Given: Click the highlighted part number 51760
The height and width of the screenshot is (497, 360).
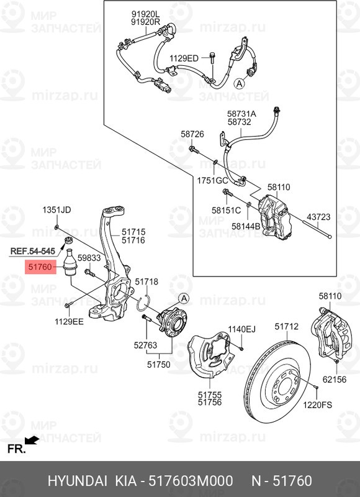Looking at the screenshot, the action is tap(40, 267).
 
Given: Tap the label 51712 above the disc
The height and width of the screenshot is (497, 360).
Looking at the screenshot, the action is tap(287, 326).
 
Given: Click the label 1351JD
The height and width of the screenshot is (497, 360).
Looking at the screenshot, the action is tap(56, 210).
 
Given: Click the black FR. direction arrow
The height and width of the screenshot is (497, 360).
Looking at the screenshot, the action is tap(32, 440).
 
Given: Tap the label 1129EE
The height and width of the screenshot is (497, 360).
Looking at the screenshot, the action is tap(69, 322).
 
